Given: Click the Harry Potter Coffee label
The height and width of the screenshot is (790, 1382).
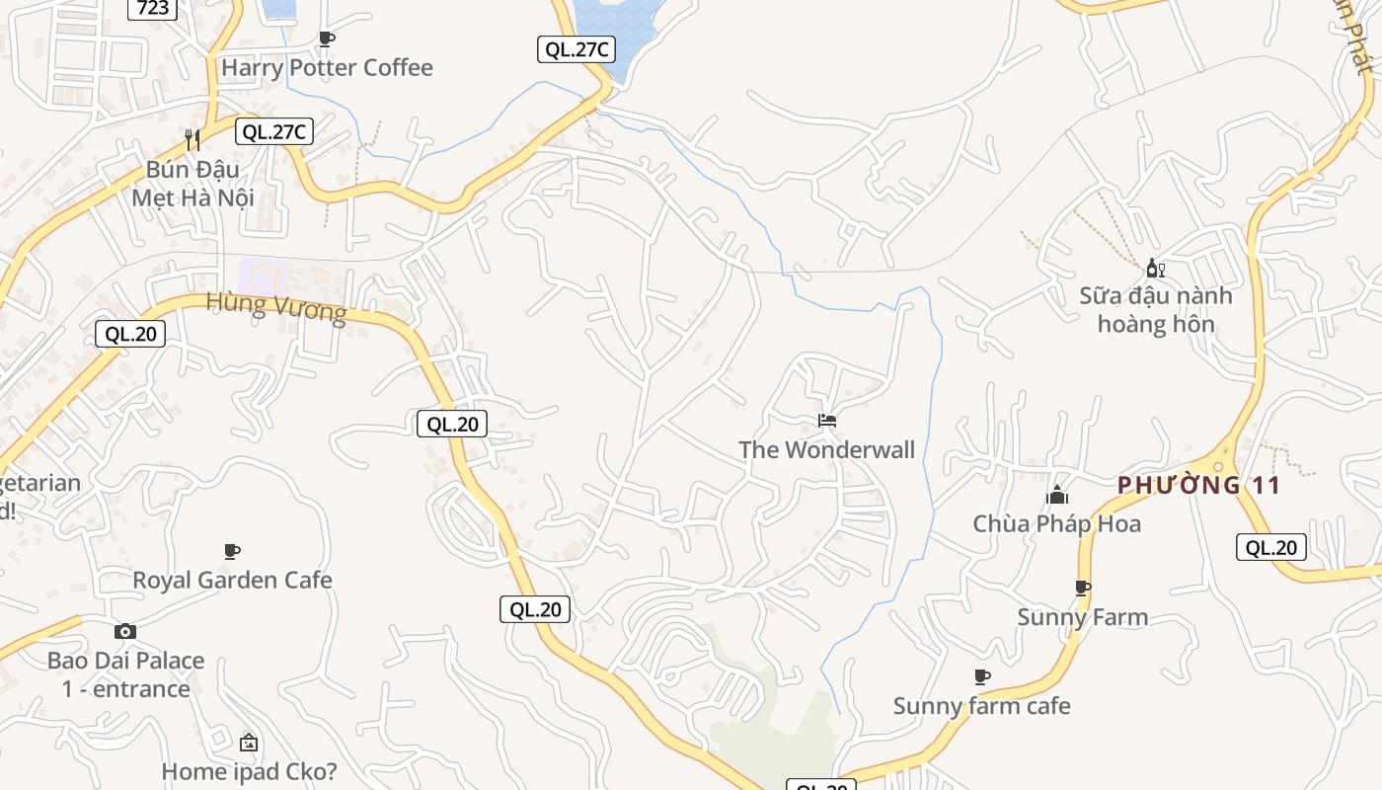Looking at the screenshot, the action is (327, 67).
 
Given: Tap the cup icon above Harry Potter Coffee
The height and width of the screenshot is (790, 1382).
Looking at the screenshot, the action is (327, 39).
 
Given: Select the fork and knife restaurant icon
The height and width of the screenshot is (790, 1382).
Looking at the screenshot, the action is (192, 139).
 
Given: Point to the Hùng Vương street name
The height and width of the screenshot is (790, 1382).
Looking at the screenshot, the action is (276, 307).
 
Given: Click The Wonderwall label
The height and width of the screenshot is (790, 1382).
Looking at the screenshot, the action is (826, 450).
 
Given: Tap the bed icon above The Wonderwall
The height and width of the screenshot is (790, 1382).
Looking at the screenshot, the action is (827, 421).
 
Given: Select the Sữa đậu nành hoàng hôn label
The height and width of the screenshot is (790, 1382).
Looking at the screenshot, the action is (1155, 309).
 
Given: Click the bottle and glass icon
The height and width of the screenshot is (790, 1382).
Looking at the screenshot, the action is (1155, 268).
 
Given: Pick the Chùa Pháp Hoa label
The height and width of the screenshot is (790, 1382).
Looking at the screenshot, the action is (1056, 523).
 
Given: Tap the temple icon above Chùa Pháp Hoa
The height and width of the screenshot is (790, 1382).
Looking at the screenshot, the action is (1057, 495).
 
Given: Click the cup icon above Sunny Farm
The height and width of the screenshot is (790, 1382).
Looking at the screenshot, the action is (1083, 589).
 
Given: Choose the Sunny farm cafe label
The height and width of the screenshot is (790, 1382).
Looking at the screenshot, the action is (981, 706).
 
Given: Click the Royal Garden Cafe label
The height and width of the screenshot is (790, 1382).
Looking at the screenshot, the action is (232, 580).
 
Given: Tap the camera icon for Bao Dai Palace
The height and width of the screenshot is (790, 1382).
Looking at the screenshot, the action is (125, 631).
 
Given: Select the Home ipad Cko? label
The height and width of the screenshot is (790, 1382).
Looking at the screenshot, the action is (249, 771).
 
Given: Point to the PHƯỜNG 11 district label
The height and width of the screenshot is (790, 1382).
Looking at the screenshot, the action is (1198, 485).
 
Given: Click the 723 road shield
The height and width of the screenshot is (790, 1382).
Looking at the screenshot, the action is (152, 8).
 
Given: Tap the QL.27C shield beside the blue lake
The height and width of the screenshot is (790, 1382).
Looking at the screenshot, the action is (576, 49).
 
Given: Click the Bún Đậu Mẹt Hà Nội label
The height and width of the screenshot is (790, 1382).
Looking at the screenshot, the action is (192, 184).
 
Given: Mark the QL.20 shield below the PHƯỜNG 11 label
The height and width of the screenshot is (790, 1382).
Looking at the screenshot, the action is (1270, 547).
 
